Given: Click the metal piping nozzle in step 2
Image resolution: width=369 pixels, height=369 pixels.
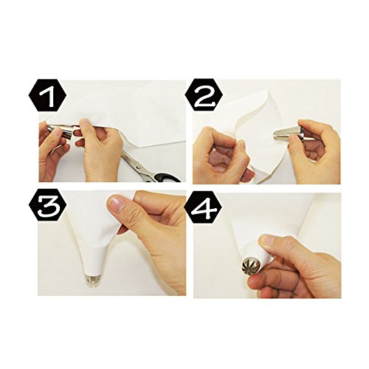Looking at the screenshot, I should point(284,135).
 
